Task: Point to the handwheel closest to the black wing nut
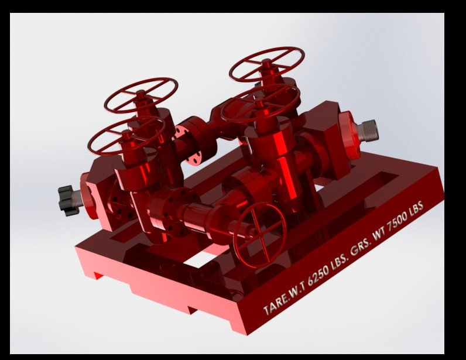(125, 135)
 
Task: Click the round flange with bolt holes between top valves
(190, 140)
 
